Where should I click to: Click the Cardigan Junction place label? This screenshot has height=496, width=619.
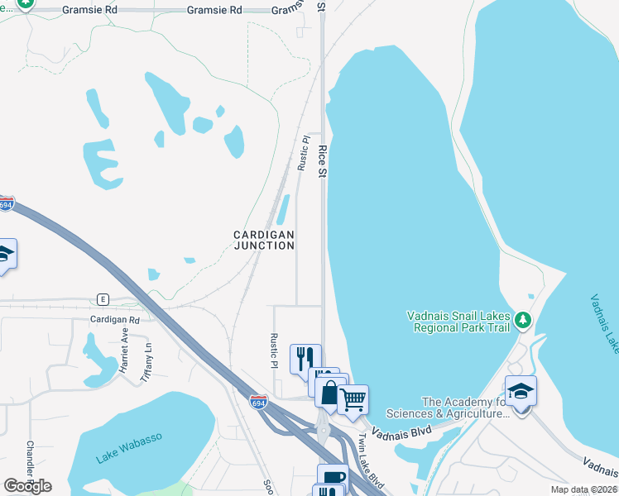[263, 240]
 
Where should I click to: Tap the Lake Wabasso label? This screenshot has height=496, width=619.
[129, 447]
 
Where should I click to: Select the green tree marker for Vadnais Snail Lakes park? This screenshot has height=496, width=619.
[522, 319]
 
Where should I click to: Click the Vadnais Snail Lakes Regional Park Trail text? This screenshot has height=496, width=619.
[459, 321]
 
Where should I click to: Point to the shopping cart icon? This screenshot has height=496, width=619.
[353, 400]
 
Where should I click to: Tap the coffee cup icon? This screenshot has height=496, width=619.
[333, 477]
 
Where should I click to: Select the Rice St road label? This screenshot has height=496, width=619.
[323, 160]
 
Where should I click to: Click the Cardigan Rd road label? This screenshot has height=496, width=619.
[115, 319]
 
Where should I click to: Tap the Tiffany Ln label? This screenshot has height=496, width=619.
[149, 358]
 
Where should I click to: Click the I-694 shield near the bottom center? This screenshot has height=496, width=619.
[258, 401]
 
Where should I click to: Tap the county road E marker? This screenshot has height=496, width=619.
[103, 298]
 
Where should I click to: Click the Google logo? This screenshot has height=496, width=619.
[27, 485]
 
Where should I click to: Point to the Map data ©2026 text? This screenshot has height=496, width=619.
[583, 489]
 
